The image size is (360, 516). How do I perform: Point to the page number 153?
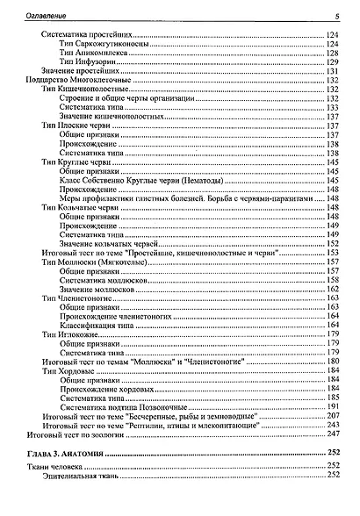pos(333,252)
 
